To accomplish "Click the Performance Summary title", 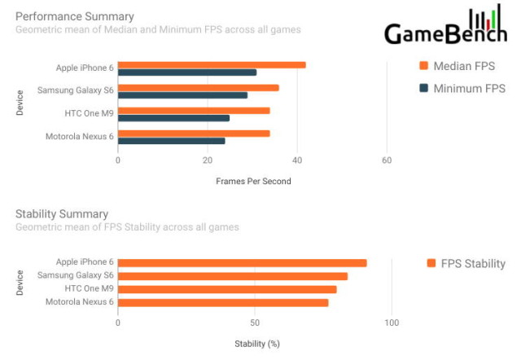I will [75, 16].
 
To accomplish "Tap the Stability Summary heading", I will [62, 214].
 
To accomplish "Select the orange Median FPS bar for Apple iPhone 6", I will [212, 65].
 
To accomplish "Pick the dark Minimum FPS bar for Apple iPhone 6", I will [187, 72].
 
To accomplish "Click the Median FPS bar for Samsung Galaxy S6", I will [199, 88].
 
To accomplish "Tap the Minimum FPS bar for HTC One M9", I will [173, 118].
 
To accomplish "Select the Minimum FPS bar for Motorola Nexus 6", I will [171, 141].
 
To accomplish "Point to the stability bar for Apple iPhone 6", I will [242, 263].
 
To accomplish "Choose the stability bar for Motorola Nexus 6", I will [223, 302].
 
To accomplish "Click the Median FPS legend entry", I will [461, 66].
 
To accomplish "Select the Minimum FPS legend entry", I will [461, 88].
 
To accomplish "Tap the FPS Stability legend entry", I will [466, 263].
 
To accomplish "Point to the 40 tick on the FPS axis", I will [298, 160].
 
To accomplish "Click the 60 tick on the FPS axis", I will [387, 160].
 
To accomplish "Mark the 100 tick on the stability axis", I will [392, 323].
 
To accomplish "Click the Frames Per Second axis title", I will [253, 181].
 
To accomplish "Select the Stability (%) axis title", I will [256, 344].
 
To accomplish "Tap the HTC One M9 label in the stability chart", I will [89, 289].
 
